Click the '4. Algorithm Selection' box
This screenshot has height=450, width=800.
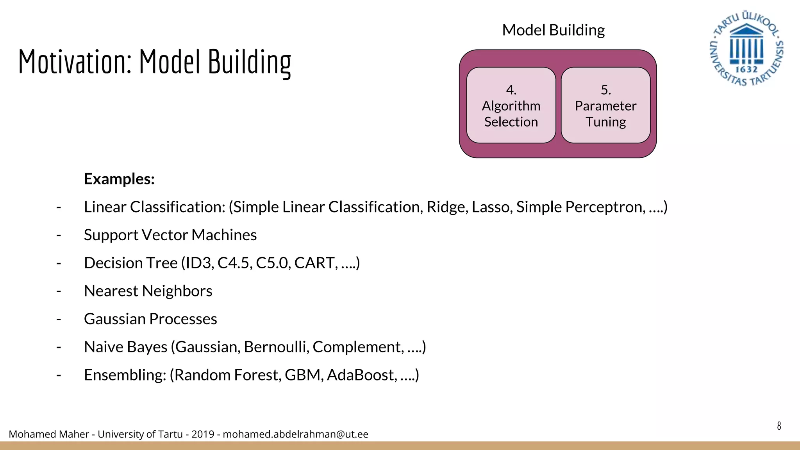click(x=511, y=105)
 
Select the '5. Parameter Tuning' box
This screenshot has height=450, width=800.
click(x=605, y=105)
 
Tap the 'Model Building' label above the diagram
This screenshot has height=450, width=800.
click(x=553, y=30)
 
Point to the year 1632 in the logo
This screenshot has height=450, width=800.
click(x=746, y=70)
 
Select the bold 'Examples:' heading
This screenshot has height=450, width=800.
click(x=119, y=179)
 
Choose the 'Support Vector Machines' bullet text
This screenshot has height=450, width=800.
click(x=170, y=235)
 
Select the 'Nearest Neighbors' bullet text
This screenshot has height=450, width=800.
click(x=148, y=291)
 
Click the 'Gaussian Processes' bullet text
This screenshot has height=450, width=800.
click(x=150, y=319)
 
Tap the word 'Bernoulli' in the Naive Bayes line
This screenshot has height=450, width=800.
click(x=276, y=347)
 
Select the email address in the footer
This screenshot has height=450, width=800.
click(x=295, y=434)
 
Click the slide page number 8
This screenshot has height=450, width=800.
click(x=779, y=426)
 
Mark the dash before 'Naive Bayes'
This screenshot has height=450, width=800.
click(x=59, y=347)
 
